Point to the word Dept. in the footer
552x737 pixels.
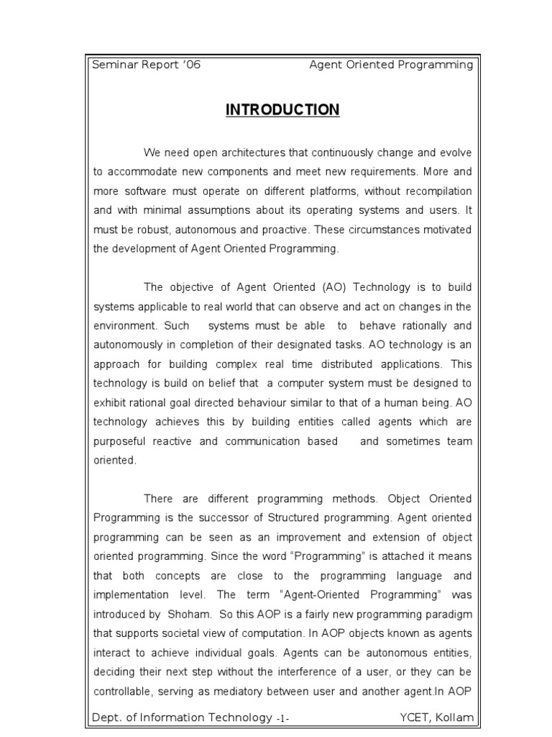pyautogui.click(x=106, y=718)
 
